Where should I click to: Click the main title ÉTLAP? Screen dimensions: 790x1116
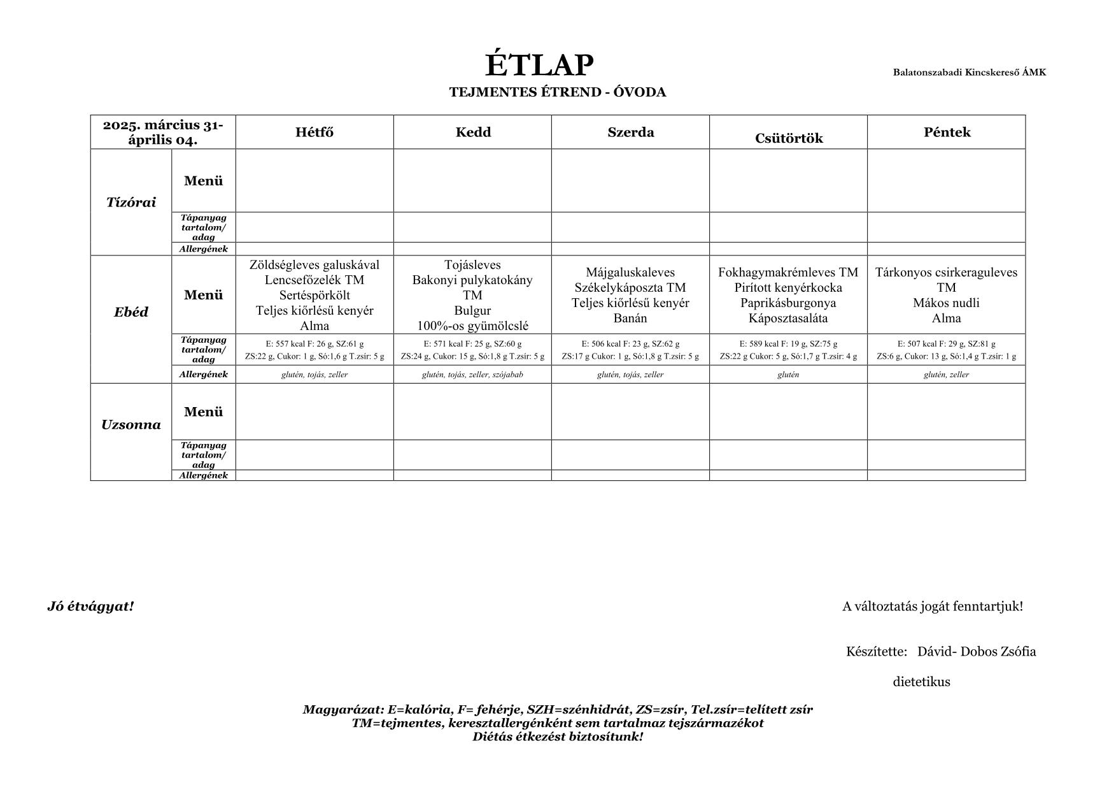pyautogui.click(x=539, y=65)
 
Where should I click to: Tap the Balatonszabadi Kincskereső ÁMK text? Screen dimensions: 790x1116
pyautogui.click(x=969, y=72)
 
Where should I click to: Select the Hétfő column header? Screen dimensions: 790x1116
pyautogui.click(x=314, y=133)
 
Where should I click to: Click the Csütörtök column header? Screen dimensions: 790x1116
pyautogui.click(x=788, y=138)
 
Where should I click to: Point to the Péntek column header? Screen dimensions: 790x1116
pyautogui.click(x=946, y=133)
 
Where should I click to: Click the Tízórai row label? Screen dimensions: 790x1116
pyautogui.click(x=131, y=203)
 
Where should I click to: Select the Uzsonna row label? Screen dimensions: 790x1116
pyautogui.click(x=131, y=425)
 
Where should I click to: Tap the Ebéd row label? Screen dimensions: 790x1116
pyautogui.click(x=131, y=312)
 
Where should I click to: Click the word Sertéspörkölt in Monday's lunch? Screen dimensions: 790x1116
pyautogui.click(x=314, y=296)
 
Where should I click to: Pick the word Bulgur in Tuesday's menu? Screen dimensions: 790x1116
pyautogui.click(x=472, y=311)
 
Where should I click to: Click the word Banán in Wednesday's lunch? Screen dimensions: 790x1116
pyautogui.click(x=630, y=318)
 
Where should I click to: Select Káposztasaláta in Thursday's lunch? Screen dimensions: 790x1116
pyautogui.click(x=788, y=318)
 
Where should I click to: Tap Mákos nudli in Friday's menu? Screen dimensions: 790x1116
pyautogui.click(x=946, y=303)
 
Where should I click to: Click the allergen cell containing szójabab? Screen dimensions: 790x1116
pyautogui.click(x=472, y=375)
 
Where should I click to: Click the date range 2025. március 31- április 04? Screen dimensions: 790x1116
pyautogui.click(x=163, y=133)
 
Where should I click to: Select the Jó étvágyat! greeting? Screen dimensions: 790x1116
pyautogui.click(x=90, y=607)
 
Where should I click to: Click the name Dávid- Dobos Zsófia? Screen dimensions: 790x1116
pyautogui.click(x=976, y=652)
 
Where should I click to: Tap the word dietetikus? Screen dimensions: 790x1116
pyautogui.click(x=921, y=682)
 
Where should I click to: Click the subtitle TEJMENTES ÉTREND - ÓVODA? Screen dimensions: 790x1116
pyautogui.click(x=557, y=92)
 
